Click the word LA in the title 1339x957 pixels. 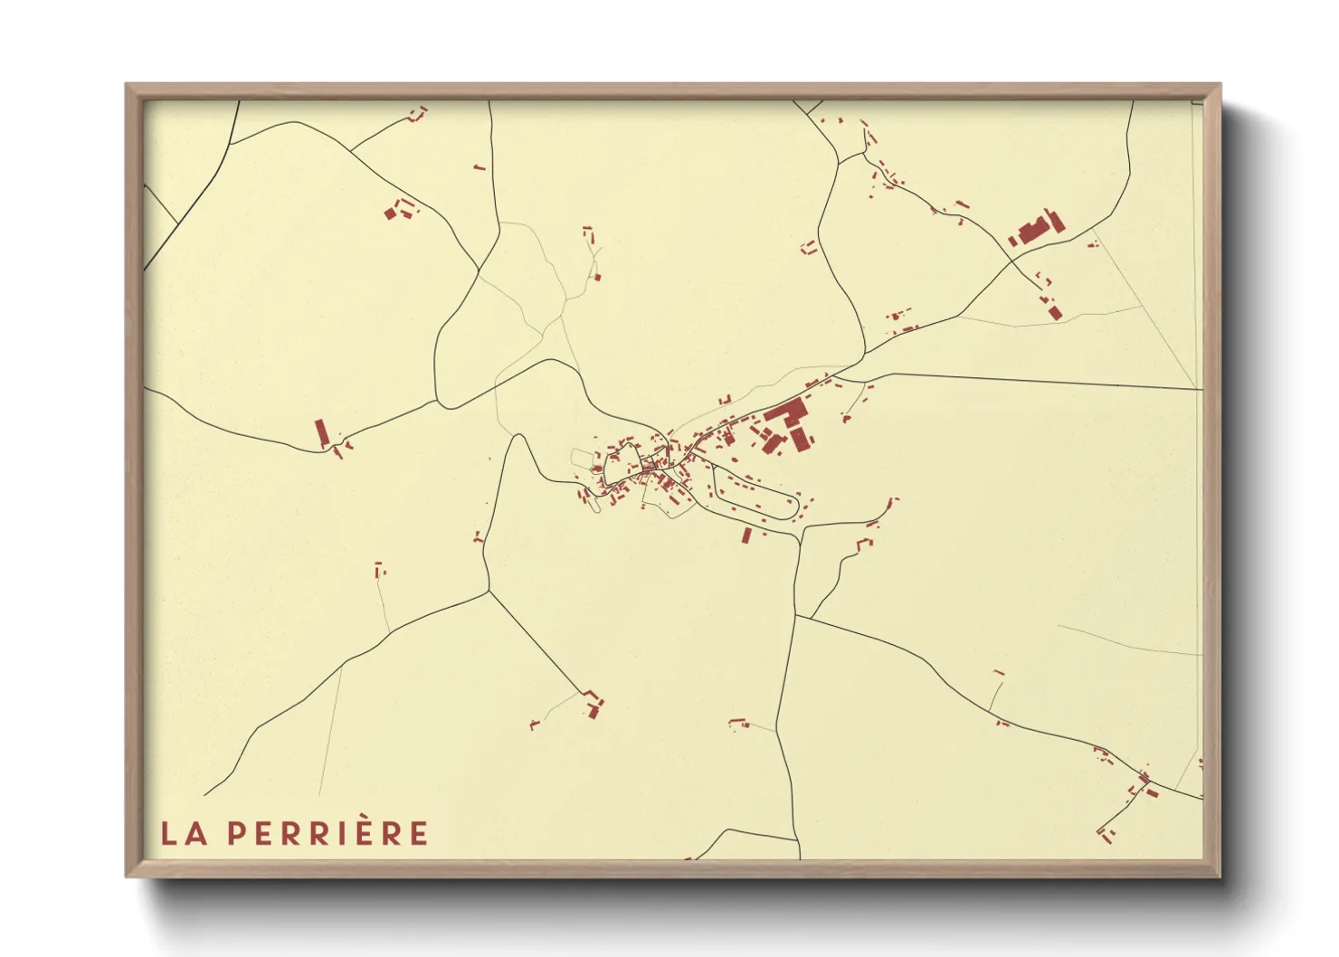point(184,833)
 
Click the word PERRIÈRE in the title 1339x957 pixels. point(327,833)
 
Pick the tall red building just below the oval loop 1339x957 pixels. point(746,535)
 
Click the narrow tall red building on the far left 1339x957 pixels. point(320,431)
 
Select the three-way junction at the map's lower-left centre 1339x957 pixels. point(489,592)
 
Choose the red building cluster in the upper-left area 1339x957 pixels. point(398,211)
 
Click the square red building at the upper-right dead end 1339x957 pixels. point(1055,312)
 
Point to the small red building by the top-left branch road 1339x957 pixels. point(418,113)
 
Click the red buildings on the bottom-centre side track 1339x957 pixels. point(738,722)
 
